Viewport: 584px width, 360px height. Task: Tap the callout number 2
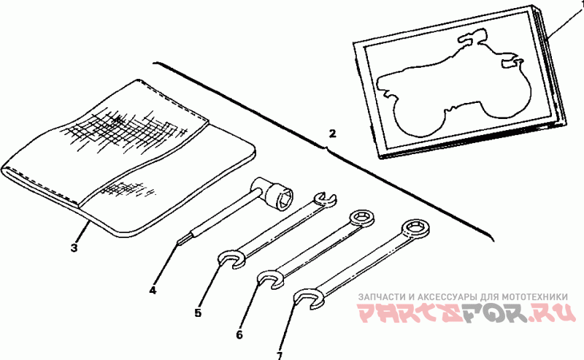(x=332, y=134)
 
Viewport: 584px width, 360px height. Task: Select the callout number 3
(x=74, y=248)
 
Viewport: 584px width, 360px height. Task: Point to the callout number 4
(x=153, y=290)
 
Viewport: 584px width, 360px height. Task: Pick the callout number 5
(x=198, y=313)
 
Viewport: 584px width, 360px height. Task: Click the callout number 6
(x=239, y=335)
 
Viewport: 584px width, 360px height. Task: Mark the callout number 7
(x=280, y=356)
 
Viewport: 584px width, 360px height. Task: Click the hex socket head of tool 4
(x=280, y=196)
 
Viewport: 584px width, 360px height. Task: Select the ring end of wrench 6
(x=361, y=218)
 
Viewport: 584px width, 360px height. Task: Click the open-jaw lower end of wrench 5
(x=231, y=260)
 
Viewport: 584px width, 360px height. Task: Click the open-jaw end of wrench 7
(x=307, y=298)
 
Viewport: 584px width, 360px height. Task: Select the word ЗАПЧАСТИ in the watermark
(x=382, y=297)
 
